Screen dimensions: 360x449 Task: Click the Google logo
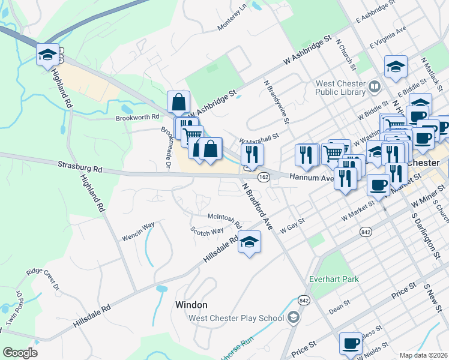[x=20, y=353]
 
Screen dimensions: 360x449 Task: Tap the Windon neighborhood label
[x=191, y=305]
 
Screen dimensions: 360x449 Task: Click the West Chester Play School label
[x=237, y=318]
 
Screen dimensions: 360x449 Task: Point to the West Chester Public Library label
[x=340, y=88]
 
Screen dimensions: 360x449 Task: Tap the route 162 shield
[x=264, y=177]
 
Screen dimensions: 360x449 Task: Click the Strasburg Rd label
[x=80, y=166]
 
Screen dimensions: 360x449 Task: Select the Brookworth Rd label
[x=137, y=118]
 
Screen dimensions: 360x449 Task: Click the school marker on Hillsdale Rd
[x=249, y=242]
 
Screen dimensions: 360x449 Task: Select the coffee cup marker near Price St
[x=351, y=344]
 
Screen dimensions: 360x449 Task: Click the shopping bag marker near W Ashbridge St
[x=179, y=102]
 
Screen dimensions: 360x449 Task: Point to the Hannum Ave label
[x=311, y=178]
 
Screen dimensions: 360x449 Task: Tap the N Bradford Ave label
[x=258, y=206]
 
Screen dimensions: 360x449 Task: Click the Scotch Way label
[x=207, y=230]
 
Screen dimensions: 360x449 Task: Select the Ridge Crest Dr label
[x=44, y=277]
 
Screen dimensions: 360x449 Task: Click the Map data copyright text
[x=423, y=355]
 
